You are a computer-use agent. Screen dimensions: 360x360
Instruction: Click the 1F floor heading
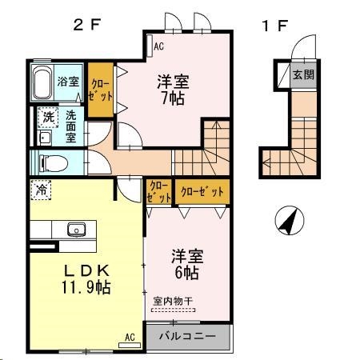click(274, 24)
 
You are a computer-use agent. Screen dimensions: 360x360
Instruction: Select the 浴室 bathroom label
click(69, 81)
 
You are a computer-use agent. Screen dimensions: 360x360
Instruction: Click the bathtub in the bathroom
click(42, 82)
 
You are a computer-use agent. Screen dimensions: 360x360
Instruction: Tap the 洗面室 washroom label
click(70, 126)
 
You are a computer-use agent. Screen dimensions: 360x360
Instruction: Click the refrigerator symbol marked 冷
click(41, 190)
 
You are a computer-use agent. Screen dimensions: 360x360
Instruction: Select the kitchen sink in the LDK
click(78, 229)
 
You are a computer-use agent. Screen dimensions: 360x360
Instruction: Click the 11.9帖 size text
click(84, 286)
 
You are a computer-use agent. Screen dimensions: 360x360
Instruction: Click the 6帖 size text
click(186, 272)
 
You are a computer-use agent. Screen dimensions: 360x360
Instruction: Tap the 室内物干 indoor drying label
click(172, 301)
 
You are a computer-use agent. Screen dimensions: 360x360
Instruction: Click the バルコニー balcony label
click(186, 336)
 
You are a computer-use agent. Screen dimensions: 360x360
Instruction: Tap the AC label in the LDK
click(130, 337)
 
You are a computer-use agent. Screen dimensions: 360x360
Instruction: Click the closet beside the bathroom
click(100, 88)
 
